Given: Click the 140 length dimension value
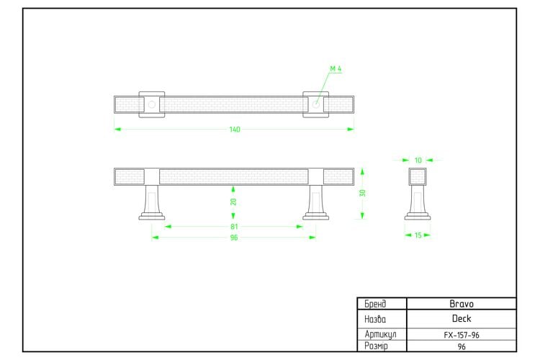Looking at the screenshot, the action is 235,130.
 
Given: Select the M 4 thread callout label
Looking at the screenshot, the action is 336,69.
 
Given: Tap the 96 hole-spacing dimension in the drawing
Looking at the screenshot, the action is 234,238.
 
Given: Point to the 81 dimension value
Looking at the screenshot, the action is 234,227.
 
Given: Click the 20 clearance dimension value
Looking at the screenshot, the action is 233,202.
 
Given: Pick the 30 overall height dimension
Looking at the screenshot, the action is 362,193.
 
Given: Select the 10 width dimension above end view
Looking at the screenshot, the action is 418,160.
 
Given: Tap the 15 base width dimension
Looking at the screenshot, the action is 418,235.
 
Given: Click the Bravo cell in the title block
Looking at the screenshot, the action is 462,304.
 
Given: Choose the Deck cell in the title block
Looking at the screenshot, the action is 462,319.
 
